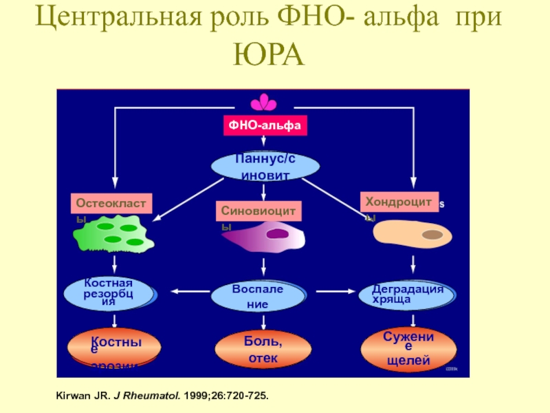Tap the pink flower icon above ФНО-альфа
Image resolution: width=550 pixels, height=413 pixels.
[263, 104]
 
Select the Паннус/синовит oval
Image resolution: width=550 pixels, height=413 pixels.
[265, 166]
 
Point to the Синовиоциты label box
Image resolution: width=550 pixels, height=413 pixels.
[260, 210]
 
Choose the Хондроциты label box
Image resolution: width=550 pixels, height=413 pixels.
[399, 201]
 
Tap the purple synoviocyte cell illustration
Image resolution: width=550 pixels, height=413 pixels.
[265, 238]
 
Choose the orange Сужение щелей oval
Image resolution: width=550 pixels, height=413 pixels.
[408, 348]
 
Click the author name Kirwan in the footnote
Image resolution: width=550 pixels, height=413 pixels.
[70, 397]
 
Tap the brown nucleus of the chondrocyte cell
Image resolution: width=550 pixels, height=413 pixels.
[432, 235]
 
